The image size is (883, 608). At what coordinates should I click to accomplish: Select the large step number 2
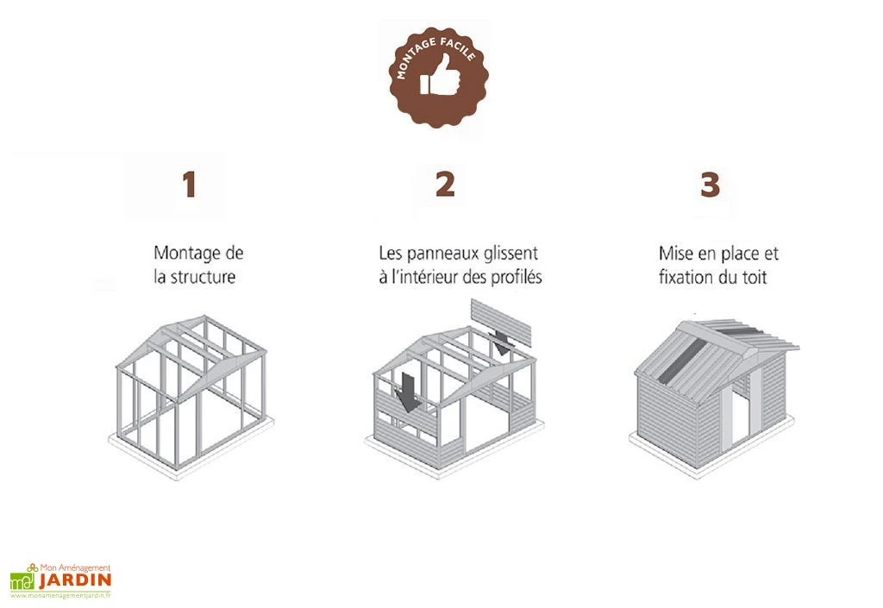click(445, 184)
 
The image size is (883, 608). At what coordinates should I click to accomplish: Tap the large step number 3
click(709, 185)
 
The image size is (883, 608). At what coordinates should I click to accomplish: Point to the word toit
click(752, 279)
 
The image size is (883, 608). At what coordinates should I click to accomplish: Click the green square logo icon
click(22, 580)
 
